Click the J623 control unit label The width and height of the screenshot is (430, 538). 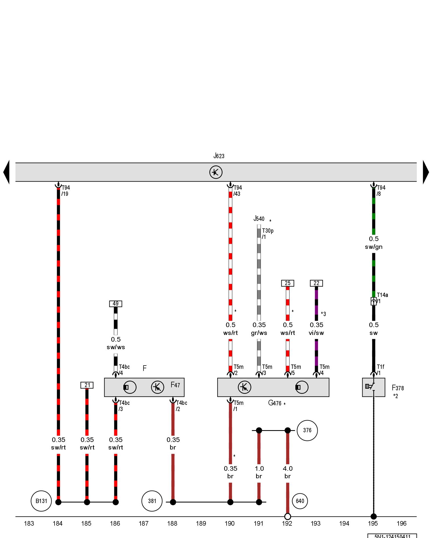click(x=219, y=156)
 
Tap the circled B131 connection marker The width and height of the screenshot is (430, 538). click(x=41, y=501)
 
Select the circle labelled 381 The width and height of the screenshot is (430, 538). click(x=152, y=501)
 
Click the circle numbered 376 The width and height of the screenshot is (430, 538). click(x=307, y=430)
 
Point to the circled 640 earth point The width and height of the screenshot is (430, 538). click(x=300, y=501)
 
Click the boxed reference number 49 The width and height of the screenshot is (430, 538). click(x=116, y=304)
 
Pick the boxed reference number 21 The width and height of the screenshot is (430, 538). click(x=87, y=385)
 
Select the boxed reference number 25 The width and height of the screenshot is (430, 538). click(x=288, y=283)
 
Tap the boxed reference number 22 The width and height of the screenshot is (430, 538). click(x=316, y=283)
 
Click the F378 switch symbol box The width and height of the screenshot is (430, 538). click(x=373, y=387)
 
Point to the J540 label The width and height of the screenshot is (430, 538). click(x=259, y=219)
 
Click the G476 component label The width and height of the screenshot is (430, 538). click(x=275, y=403)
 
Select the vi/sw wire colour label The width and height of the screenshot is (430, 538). click(x=316, y=333)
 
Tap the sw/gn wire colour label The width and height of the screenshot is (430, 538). click(x=374, y=247)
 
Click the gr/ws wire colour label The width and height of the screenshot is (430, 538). click(x=259, y=333)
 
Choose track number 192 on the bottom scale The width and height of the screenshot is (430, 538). click(x=287, y=523)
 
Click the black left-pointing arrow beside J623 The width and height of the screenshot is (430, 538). click(x=6, y=172)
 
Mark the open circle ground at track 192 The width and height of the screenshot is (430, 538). click(x=288, y=516)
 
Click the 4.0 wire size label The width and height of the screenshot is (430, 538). click(x=288, y=469)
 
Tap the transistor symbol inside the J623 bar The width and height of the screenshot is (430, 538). click(x=216, y=172)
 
